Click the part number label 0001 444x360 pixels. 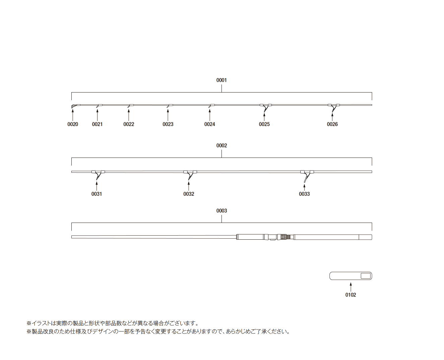click(221, 80)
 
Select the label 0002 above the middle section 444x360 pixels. click(221, 145)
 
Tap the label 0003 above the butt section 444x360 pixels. click(221, 211)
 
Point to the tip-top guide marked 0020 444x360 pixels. click(74, 106)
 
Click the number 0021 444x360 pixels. click(97, 124)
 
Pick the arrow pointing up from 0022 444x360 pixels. click(129, 115)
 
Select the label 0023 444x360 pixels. click(168, 124)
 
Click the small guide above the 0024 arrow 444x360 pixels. click(211, 106)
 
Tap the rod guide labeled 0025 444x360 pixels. click(265, 108)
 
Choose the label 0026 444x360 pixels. click(332, 124)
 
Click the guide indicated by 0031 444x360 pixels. click(98, 175)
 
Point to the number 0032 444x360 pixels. click(189, 194)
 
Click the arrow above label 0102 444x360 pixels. click(351, 287)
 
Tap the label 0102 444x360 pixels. click(351, 295)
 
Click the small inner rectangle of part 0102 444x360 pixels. click(366, 276)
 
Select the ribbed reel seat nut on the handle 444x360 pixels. click(283, 237)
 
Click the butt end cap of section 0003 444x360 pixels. click(365, 237)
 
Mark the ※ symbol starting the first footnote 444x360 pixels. click(28, 323)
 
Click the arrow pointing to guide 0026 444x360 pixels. click(332, 117)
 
